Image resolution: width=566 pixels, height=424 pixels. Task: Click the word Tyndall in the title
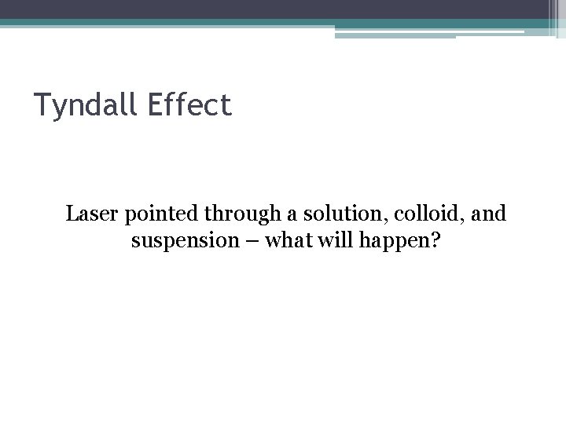pyautogui.click(x=86, y=104)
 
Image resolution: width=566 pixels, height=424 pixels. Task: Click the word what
pyautogui.click(x=288, y=239)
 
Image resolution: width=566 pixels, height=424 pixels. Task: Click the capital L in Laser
pyautogui.click(x=72, y=213)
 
